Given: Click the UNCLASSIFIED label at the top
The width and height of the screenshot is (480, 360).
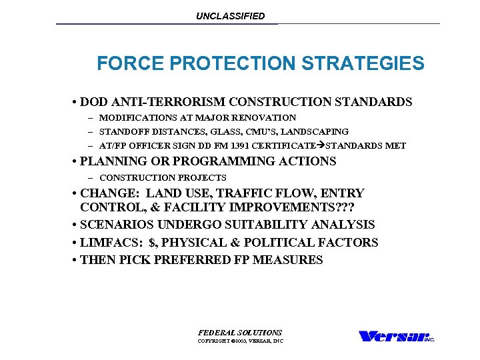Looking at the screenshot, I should click(x=230, y=16).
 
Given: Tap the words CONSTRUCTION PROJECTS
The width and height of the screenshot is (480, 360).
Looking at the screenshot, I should click(x=163, y=178).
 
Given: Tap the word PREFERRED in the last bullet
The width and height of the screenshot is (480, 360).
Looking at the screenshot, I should click(x=189, y=260).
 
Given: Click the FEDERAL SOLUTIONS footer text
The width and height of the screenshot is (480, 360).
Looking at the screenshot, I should click(x=240, y=333).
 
